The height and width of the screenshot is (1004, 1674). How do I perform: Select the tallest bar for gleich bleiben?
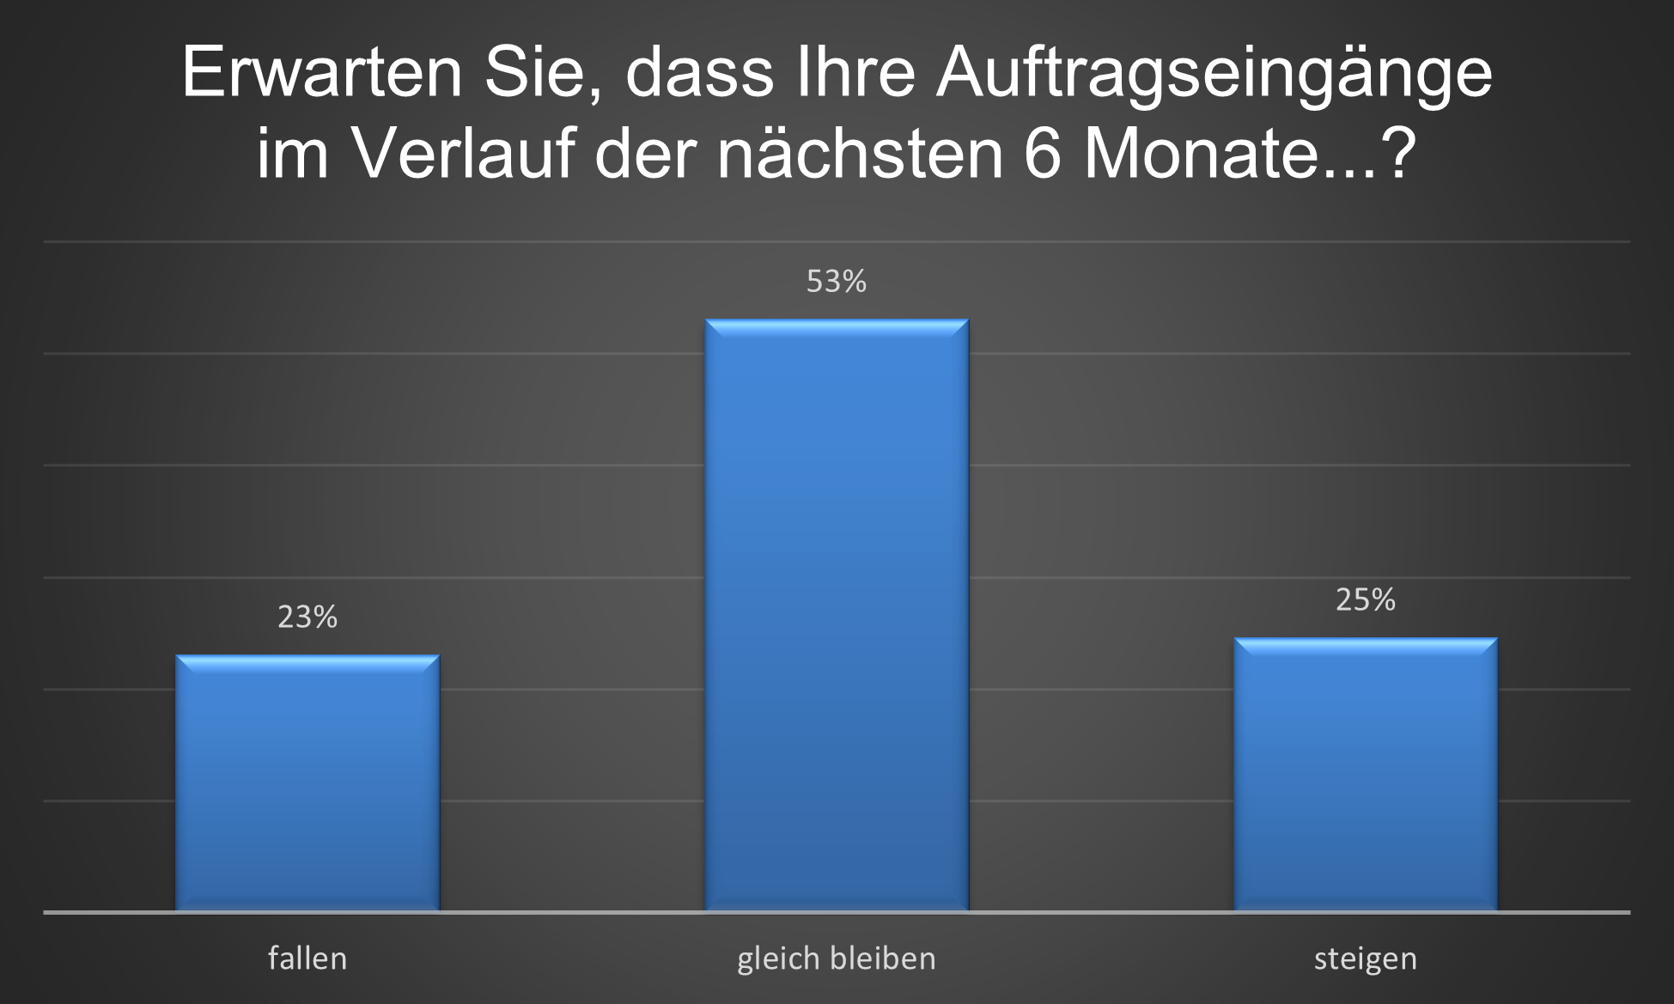(837, 614)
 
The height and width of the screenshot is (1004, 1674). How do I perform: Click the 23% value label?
(307, 617)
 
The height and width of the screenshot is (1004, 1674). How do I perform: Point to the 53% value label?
(837, 282)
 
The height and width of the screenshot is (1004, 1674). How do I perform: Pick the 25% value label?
(1366, 599)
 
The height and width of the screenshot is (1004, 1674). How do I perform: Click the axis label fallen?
(307, 958)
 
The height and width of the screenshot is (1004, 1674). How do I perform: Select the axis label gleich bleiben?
(837, 958)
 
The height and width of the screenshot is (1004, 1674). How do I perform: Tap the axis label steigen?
(1366, 958)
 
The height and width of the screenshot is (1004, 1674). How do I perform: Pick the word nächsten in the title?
(859, 155)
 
